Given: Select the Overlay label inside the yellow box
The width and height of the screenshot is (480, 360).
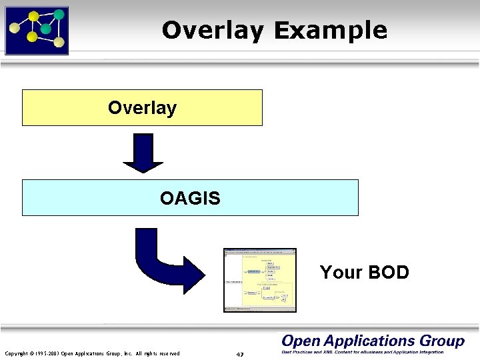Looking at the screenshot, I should [142, 108].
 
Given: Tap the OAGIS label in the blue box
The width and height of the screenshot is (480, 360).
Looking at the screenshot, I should [190, 198].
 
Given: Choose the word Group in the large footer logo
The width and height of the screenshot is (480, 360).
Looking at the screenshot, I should [442, 341].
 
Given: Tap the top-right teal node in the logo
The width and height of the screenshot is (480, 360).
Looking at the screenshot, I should [59, 14].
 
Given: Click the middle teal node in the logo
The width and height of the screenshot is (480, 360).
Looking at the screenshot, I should [45, 29].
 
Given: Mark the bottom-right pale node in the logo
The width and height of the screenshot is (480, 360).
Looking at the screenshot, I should [59, 42].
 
